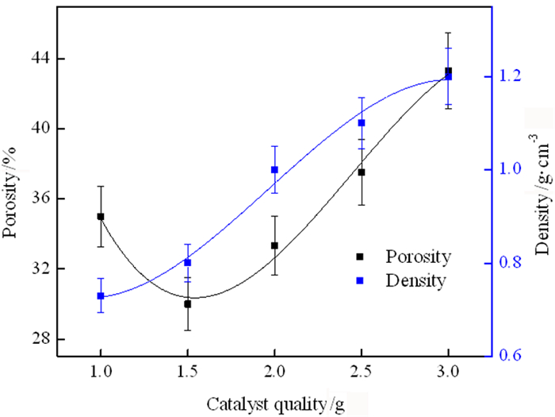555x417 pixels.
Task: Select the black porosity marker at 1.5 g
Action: click(188, 303)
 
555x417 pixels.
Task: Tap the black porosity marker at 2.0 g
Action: click(274, 245)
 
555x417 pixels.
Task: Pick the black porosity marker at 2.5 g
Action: click(362, 172)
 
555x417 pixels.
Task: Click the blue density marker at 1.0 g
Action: click(101, 295)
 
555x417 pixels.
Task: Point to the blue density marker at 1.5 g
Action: click(188, 262)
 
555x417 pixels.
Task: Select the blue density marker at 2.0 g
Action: click(274, 169)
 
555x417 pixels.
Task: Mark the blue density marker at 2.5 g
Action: click(362, 122)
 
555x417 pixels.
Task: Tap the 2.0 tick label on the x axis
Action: click(274, 373)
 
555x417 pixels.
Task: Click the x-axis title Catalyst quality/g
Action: click(277, 401)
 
